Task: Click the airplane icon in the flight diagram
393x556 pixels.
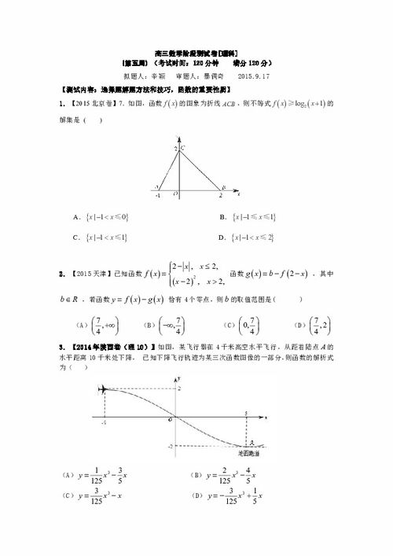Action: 102,389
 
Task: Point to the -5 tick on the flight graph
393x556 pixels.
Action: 104,422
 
